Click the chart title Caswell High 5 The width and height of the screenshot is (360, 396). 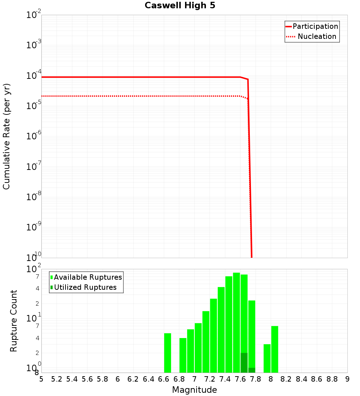click(x=180, y=6)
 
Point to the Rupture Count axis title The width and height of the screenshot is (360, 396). click(x=14, y=320)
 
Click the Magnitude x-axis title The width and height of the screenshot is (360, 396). click(x=194, y=390)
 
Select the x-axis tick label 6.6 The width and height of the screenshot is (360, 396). click(x=163, y=379)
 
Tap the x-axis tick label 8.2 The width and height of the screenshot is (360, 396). click(x=286, y=379)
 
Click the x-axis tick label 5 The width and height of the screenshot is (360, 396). click(x=41, y=379)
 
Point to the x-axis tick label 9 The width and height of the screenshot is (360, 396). click(x=347, y=379)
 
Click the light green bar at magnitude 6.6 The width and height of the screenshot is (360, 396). click(x=167, y=353)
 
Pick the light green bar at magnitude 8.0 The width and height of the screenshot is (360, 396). click(x=275, y=349)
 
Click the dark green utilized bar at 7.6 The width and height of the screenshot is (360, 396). click(x=244, y=363)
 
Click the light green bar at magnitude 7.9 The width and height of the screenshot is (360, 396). click(x=267, y=358)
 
